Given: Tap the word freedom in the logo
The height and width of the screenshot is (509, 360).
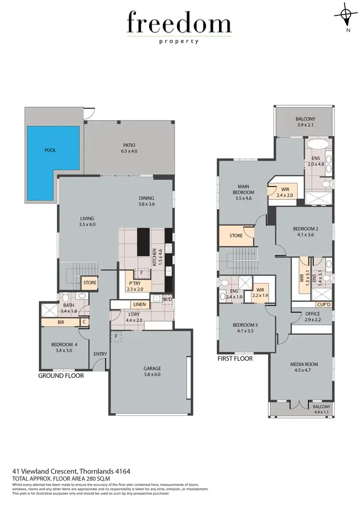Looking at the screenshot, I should [x=179, y=24].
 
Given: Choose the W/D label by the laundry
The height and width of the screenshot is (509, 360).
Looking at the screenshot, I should [x=167, y=300].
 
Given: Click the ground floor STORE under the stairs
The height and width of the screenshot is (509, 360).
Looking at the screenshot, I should [x=90, y=283].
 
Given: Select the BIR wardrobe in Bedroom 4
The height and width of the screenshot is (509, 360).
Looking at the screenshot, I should [x=60, y=322].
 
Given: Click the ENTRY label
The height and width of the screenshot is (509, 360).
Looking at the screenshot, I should [x=101, y=355].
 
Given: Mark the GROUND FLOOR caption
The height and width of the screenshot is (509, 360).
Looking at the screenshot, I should [x=61, y=376].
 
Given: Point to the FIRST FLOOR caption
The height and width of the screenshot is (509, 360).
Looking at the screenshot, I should [x=235, y=358].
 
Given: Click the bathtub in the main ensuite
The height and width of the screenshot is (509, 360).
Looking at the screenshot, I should [x=317, y=144].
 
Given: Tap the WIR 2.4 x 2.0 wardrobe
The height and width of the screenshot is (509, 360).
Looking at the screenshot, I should [x=284, y=192].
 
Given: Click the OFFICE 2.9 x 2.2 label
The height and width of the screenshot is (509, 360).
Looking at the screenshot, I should [x=312, y=317].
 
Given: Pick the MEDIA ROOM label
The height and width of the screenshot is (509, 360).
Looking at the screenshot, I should [x=304, y=367].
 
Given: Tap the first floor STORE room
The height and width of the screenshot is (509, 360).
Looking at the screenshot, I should [x=236, y=236].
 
